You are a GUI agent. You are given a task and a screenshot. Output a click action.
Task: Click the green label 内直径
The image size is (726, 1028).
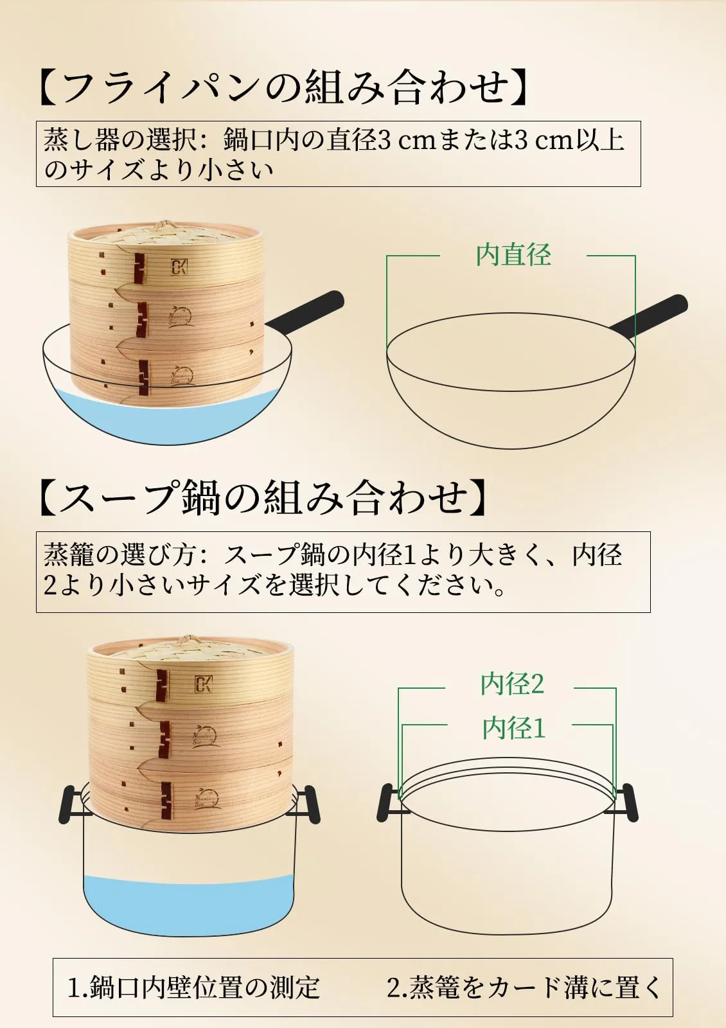pyautogui.click(x=513, y=254)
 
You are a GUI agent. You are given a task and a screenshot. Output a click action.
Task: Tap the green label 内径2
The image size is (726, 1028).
pyautogui.click(x=512, y=684)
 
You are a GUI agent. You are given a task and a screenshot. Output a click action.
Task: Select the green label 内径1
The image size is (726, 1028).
pyautogui.click(x=513, y=728)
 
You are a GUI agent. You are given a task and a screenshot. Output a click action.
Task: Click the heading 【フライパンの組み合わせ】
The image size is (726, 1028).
pyautogui.click(x=285, y=87)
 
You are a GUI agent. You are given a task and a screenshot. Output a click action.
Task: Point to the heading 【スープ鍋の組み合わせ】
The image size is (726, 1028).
pyautogui.click(x=264, y=497)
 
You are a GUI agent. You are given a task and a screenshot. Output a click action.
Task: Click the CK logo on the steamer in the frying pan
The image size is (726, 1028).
pyautogui.click(x=179, y=267)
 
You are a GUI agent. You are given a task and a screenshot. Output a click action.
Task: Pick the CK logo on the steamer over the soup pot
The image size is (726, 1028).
pyautogui.click(x=203, y=684)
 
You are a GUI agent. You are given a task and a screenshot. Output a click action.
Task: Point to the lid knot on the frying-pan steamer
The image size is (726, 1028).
pyautogui.click(x=161, y=226)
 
